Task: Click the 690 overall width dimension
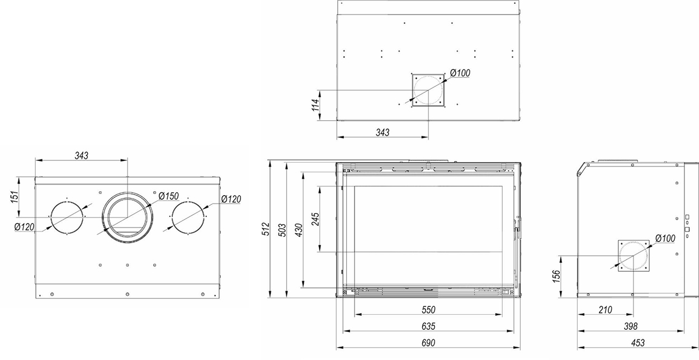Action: click(x=427, y=342)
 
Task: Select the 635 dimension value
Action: click(x=427, y=326)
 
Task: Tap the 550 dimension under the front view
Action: click(x=427, y=310)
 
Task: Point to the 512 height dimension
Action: click(x=267, y=229)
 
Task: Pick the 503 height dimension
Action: click(x=283, y=229)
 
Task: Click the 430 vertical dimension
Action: click(x=299, y=229)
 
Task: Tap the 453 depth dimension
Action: click(x=637, y=342)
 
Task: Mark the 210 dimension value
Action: click(x=605, y=310)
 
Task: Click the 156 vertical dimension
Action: click(x=556, y=276)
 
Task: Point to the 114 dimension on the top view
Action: click(x=315, y=105)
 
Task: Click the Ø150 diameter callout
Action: click(x=168, y=196)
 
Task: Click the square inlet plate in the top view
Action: click(x=428, y=90)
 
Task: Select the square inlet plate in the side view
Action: click(x=635, y=256)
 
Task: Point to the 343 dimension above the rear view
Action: click(x=82, y=155)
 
